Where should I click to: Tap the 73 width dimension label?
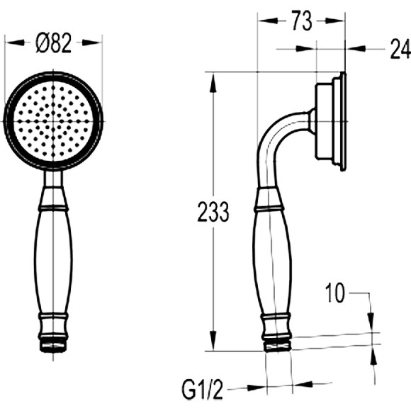click(x=302, y=21)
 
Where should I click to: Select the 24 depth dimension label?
click(x=400, y=49)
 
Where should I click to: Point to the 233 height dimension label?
click(x=213, y=212)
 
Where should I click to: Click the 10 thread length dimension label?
click(x=334, y=293)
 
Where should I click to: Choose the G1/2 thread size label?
click(x=202, y=390)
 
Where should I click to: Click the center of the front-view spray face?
click(x=53, y=121)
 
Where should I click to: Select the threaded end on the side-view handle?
click(x=278, y=347)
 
